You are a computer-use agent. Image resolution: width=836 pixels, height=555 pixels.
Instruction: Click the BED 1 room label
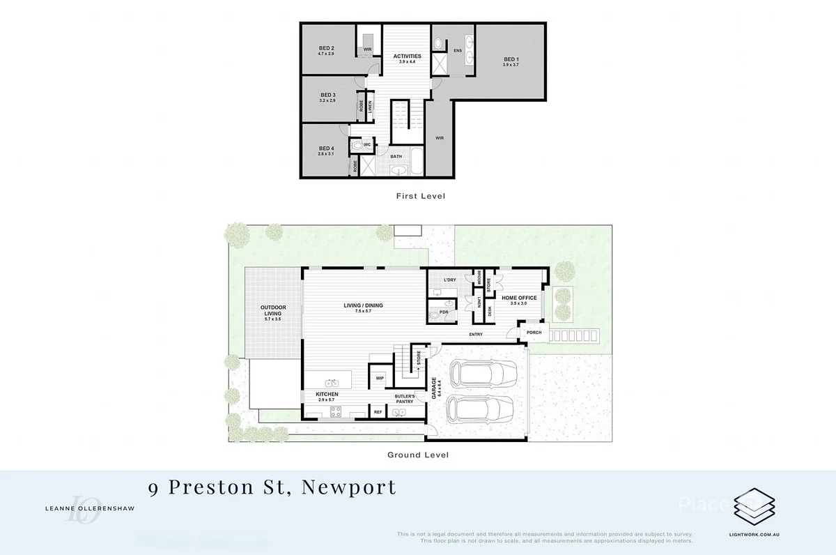click(x=511, y=59)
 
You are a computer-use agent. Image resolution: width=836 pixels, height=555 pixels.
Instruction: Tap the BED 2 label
click(x=327, y=49)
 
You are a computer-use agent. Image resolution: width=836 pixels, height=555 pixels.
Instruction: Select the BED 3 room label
click(x=328, y=95)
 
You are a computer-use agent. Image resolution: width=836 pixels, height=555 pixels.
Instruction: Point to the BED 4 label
click(x=327, y=149)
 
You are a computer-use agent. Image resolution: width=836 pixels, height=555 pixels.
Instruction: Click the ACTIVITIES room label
click(x=407, y=56)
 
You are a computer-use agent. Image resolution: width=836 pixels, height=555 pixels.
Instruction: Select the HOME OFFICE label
click(x=519, y=298)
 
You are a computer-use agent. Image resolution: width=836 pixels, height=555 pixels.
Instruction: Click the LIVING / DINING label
click(x=363, y=305)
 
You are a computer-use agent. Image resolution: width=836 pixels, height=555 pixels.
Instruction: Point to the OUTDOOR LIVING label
click(x=272, y=310)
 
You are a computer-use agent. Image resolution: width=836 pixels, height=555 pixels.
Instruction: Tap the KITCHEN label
click(x=327, y=395)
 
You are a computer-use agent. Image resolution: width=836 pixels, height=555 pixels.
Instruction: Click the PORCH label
click(x=534, y=332)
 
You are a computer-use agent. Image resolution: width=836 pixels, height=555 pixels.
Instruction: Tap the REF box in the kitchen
click(x=378, y=412)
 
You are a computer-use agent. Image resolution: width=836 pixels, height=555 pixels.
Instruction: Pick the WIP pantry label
click(x=380, y=378)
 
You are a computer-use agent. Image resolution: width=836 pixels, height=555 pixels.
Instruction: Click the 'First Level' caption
click(x=419, y=197)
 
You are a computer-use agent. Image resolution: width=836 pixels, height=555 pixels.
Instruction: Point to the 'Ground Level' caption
click(x=417, y=455)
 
